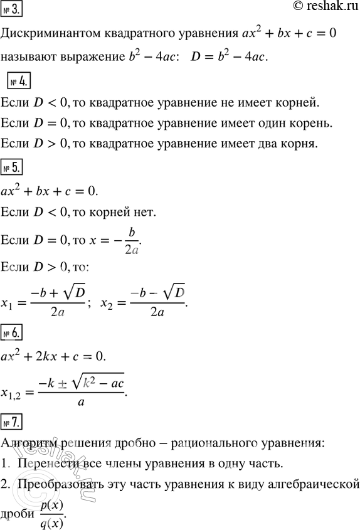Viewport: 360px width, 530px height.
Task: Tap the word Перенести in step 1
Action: (44, 464)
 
